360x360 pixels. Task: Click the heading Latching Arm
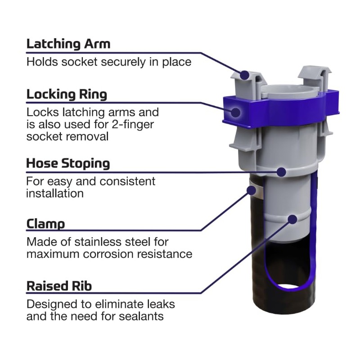coord(68,44)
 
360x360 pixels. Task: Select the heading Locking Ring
coord(67,94)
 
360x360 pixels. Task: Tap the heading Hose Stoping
coord(68,163)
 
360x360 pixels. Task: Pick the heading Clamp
coord(45,224)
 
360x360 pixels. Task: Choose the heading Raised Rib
coord(59,286)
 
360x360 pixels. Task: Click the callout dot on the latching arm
coord(245,75)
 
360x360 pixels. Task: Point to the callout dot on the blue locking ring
coord(236,111)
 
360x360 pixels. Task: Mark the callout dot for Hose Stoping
coord(281,171)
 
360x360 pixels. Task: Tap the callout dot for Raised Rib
coord(292,220)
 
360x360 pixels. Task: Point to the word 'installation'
coord(55,193)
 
